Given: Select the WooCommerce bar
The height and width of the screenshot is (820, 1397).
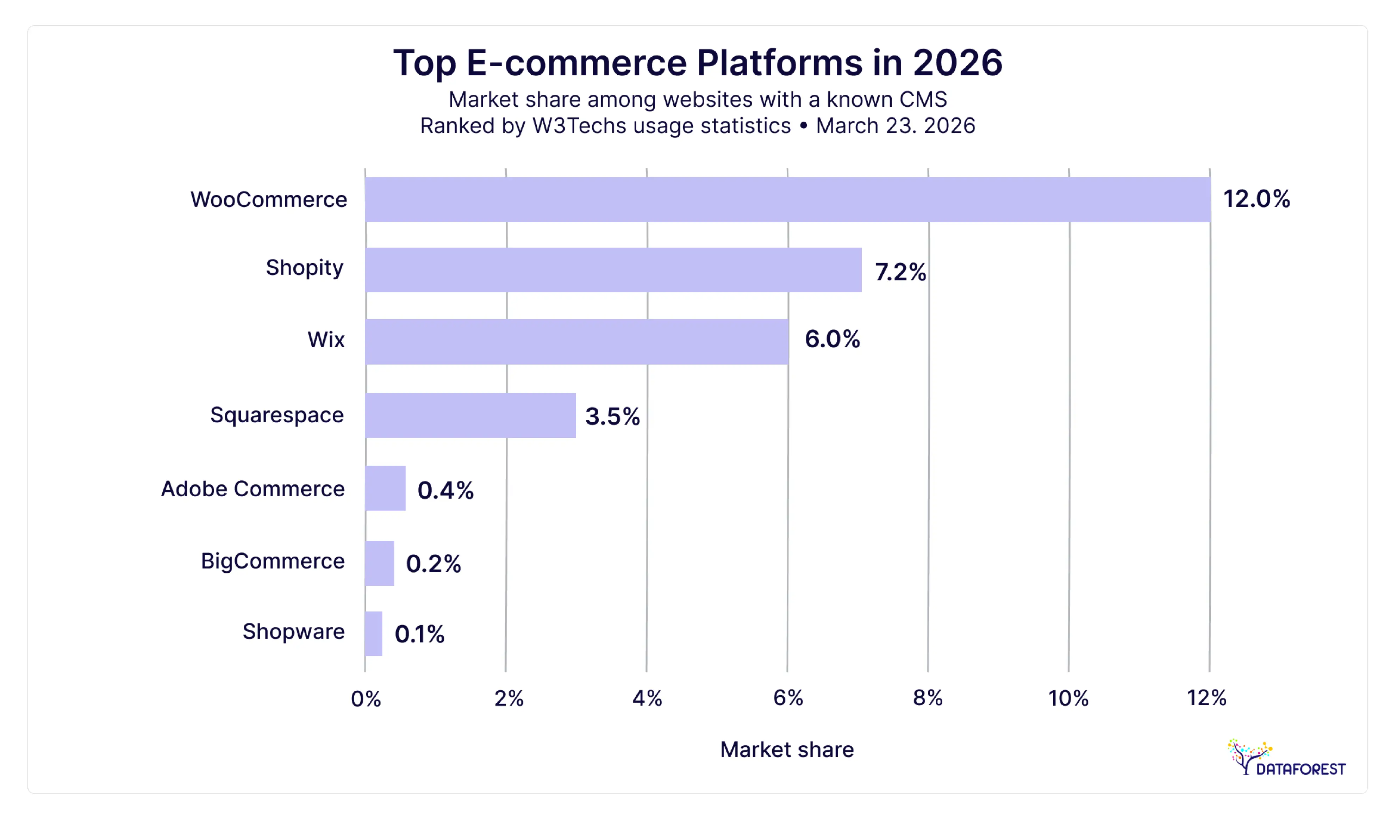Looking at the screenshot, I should coord(787,200).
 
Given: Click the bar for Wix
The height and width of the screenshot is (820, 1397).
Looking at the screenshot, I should coord(576,342).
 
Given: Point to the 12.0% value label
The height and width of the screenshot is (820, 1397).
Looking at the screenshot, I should coord(1256,199).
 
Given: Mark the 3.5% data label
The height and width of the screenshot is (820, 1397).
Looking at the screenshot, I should coord(612,416).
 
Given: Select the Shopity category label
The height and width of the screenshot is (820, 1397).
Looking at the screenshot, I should coord(304,268).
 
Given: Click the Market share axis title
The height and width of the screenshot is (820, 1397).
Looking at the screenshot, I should coord(787,750).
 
